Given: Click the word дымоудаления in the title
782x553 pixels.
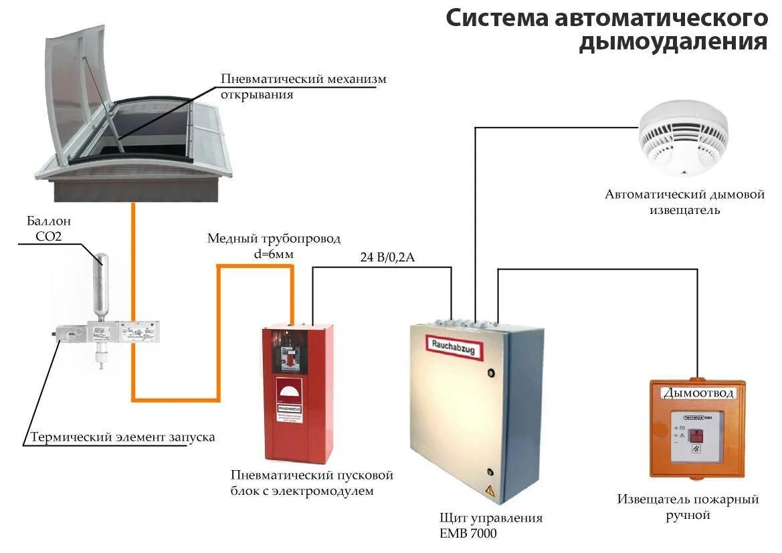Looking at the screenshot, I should pyautogui.click(x=673, y=41).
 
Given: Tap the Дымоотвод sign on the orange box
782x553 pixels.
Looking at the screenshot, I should pyautogui.click(x=698, y=393).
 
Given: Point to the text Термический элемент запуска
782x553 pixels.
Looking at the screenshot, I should pyautogui.click(x=122, y=437).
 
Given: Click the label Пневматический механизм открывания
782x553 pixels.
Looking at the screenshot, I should pyautogui.click(x=304, y=86).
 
